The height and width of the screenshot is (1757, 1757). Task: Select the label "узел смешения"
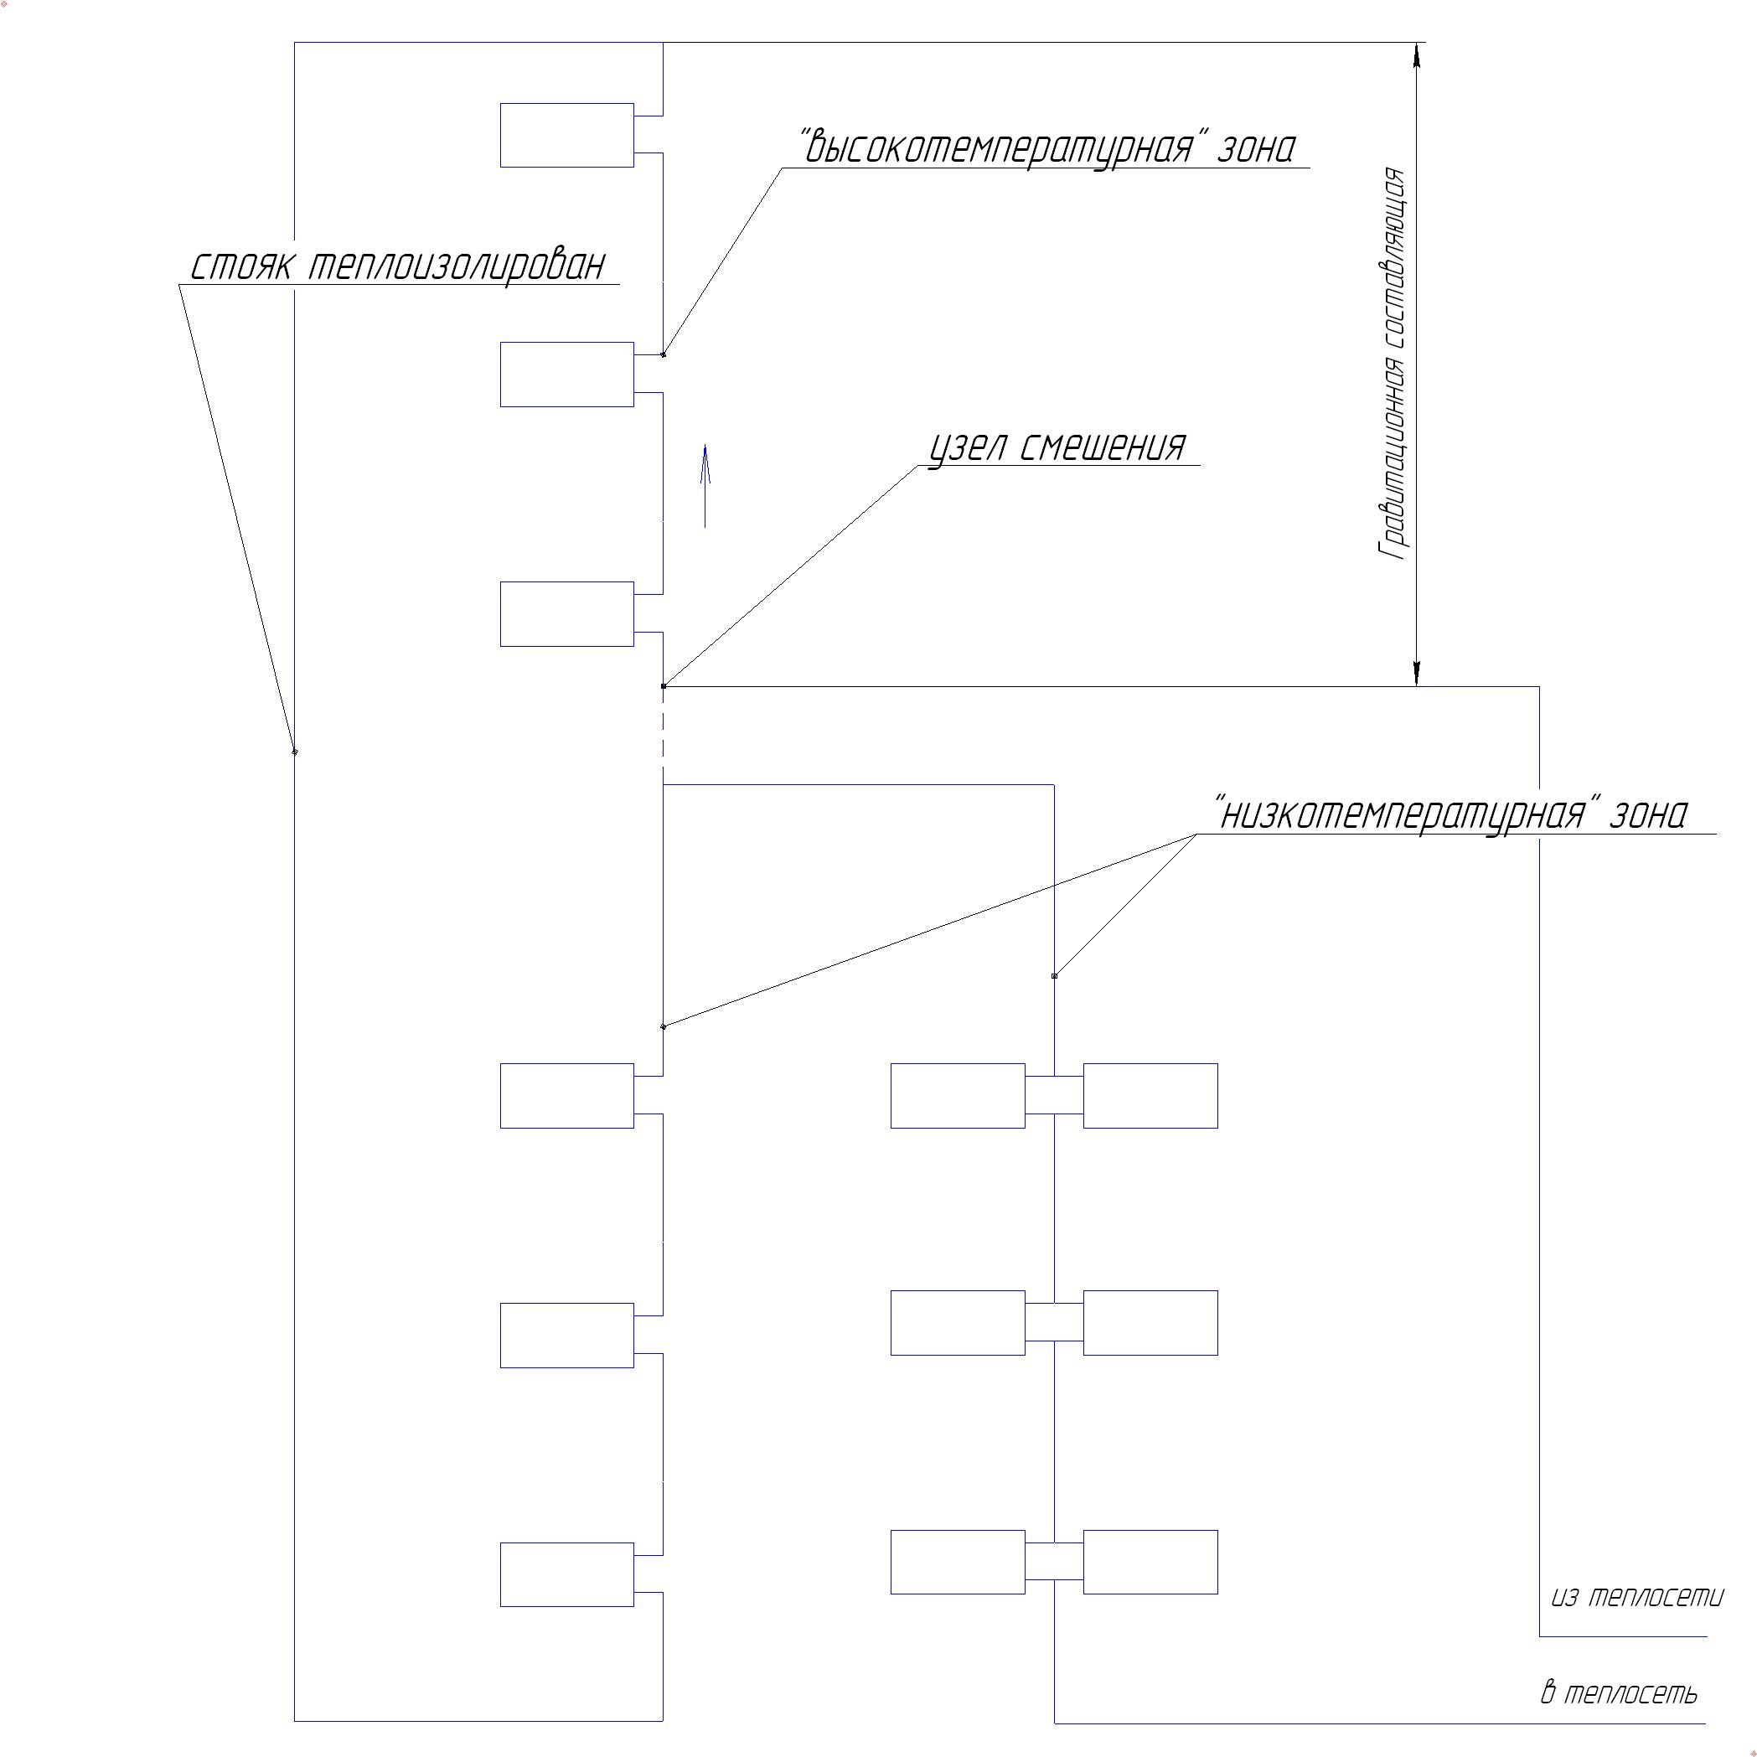(1057, 447)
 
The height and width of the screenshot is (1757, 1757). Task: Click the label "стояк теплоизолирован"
(398, 266)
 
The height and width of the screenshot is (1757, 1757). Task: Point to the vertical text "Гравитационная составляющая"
(1394, 364)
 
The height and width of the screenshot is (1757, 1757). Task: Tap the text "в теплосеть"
(1620, 1693)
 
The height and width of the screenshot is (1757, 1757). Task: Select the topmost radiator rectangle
(566, 136)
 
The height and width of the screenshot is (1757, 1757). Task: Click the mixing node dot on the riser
(663, 686)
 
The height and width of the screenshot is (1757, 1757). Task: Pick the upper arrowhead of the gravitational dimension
(1416, 54)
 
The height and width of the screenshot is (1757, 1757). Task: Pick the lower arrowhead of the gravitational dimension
(1416, 673)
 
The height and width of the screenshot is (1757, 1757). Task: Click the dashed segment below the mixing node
(663, 735)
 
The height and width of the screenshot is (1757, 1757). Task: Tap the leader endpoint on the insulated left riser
(295, 752)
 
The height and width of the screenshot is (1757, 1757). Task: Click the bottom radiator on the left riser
(566, 1574)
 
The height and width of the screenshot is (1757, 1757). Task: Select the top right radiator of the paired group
(1150, 1096)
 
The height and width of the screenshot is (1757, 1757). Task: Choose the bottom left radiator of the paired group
(958, 1562)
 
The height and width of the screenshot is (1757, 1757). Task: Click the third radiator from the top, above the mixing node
(566, 614)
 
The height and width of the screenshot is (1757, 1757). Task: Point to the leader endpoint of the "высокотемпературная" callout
(664, 354)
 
